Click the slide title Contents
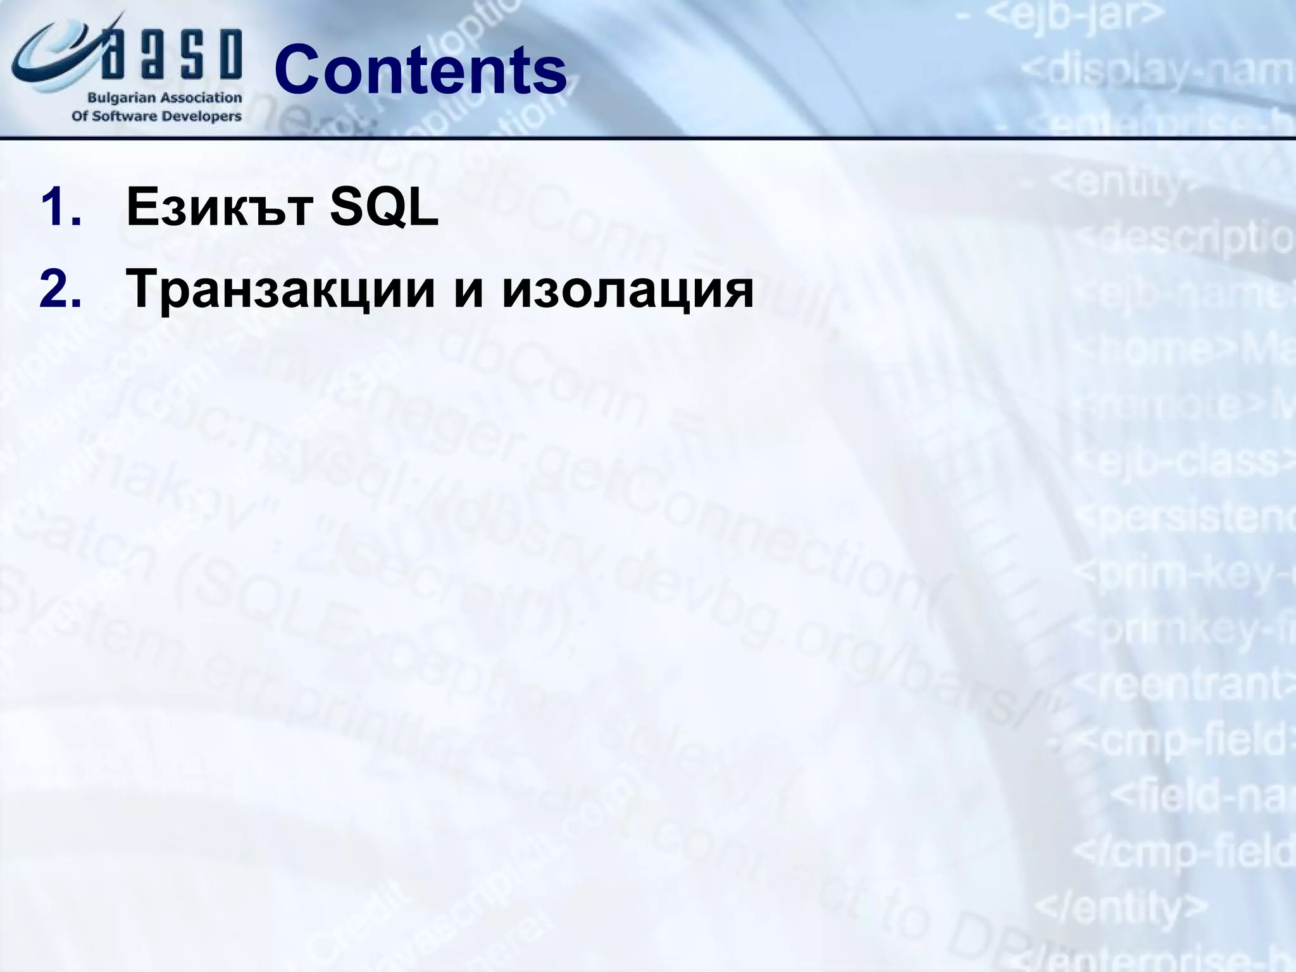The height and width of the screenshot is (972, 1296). [421, 70]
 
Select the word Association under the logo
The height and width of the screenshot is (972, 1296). [201, 98]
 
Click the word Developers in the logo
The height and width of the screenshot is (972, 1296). [202, 116]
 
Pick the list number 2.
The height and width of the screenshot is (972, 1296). [60, 289]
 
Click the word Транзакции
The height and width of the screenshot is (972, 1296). [282, 289]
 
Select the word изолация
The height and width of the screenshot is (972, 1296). [628, 289]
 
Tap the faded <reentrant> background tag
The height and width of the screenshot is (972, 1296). [1183, 683]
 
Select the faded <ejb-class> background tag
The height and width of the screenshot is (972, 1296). [1190, 462]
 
